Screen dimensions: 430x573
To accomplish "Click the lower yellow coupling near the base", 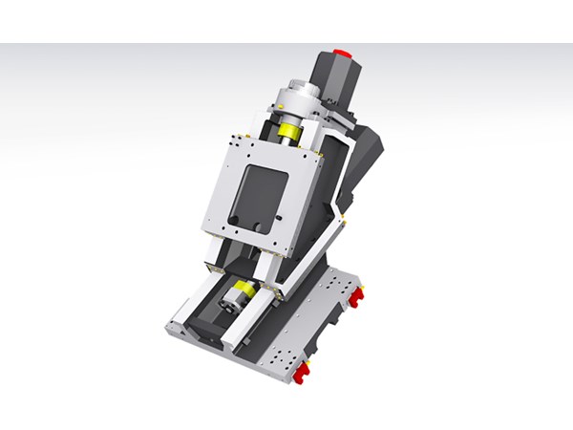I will [244, 289].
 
